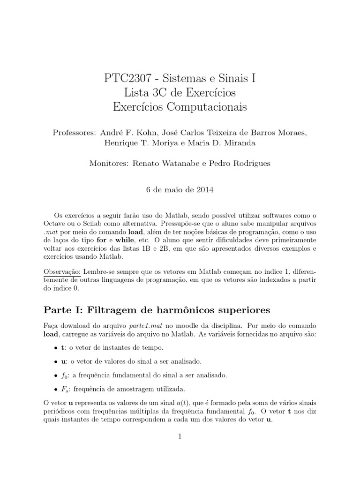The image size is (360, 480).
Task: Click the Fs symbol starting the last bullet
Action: click(64, 389)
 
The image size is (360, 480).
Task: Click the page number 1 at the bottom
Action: click(180, 436)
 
